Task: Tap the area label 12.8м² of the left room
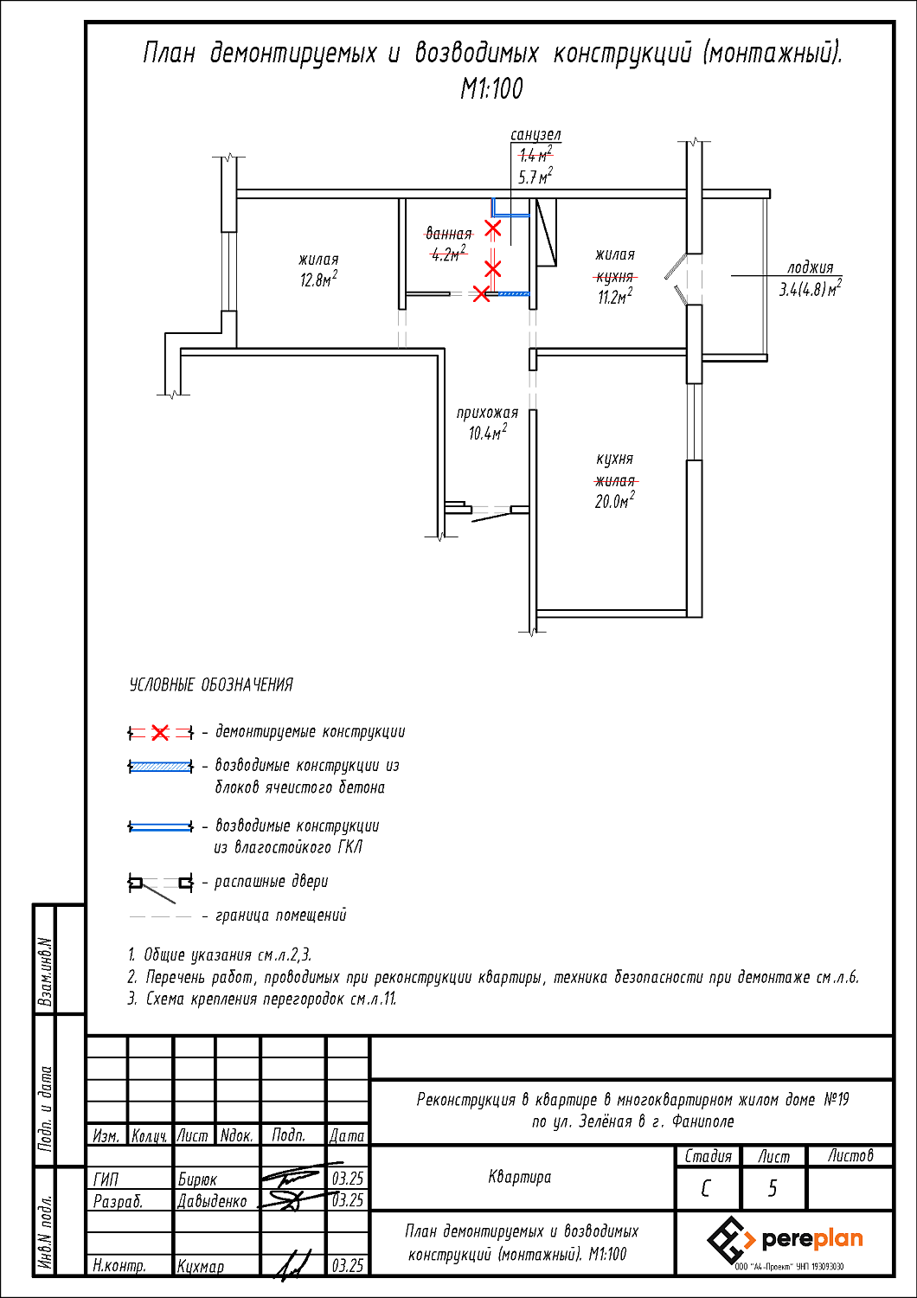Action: pyautogui.click(x=318, y=280)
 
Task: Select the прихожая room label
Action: pyautogui.click(x=487, y=413)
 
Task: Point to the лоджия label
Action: pyautogui.click(x=810, y=267)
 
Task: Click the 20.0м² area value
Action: pyautogui.click(x=614, y=501)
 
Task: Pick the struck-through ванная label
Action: pyautogui.click(x=449, y=234)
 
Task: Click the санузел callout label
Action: pyautogui.click(x=535, y=135)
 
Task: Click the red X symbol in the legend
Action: pyautogui.click(x=160, y=733)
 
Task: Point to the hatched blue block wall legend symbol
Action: pyautogui.click(x=161, y=767)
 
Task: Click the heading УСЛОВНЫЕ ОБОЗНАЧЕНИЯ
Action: pyautogui.click(x=211, y=685)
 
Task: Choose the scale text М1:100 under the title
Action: pyautogui.click(x=491, y=88)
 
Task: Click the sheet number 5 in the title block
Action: pyautogui.click(x=773, y=1188)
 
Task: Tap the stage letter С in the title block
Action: pyautogui.click(x=707, y=1188)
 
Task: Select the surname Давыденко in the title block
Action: pyautogui.click(x=212, y=1201)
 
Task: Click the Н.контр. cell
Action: pyautogui.click(x=119, y=1265)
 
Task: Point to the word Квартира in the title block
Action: pyautogui.click(x=519, y=1177)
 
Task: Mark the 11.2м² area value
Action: pyautogui.click(x=614, y=298)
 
